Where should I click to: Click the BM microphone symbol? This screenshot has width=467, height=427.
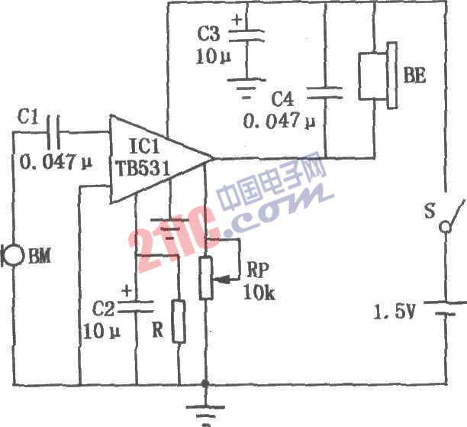[12, 256]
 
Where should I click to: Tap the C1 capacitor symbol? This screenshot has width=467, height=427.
[53, 132]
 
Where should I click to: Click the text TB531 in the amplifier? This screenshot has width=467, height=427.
[143, 169]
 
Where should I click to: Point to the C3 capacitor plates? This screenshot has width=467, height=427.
[246, 35]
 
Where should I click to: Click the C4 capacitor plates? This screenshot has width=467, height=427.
[325, 92]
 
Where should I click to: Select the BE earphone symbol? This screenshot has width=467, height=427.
[378, 76]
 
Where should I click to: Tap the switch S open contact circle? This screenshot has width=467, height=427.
[446, 227]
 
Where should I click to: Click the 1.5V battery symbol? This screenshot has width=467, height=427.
[446, 309]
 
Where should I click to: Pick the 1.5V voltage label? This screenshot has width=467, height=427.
[394, 312]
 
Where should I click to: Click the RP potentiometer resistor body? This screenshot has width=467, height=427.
[206, 278]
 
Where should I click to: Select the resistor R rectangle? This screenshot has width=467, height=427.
[179, 322]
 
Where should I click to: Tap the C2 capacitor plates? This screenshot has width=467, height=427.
[136, 307]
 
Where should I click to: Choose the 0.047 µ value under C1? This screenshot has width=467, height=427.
[56, 163]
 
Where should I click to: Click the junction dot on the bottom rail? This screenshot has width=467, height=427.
[205, 383]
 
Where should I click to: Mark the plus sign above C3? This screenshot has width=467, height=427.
[237, 21]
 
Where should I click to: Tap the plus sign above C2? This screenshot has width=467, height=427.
[127, 290]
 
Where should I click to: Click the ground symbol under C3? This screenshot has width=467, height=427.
[246, 88]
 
